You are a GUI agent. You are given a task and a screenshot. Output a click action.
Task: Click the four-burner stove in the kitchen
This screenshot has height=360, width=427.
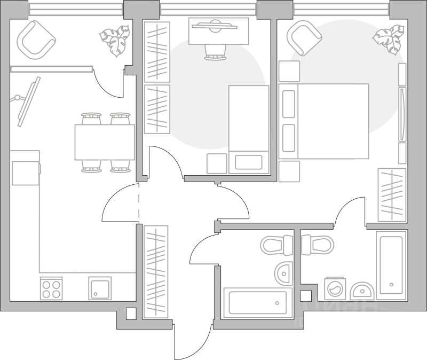(x=51, y=288)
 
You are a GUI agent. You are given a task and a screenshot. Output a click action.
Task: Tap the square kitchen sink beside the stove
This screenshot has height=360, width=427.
(x=100, y=288)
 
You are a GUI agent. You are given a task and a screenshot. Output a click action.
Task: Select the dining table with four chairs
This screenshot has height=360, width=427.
(x=105, y=142)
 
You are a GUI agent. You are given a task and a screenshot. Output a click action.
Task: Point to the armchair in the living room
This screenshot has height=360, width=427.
(x=36, y=39)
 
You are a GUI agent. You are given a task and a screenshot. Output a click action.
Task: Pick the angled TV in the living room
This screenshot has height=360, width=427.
(x=28, y=101)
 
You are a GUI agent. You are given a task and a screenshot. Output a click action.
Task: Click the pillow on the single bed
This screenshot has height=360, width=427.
(x=249, y=162)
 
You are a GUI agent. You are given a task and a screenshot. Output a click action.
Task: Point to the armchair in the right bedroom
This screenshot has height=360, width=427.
(x=304, y=37)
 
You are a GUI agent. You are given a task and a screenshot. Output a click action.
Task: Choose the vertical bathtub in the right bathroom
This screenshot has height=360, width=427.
(x=391, y=265)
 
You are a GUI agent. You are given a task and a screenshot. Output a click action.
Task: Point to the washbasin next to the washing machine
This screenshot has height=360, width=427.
(x=363, y=290)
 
